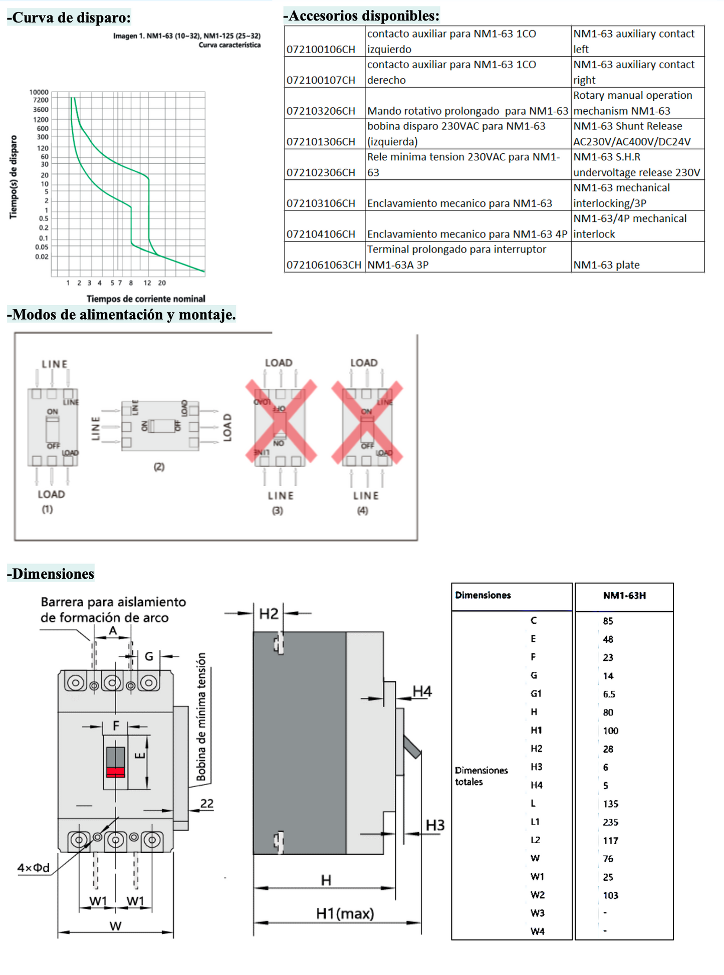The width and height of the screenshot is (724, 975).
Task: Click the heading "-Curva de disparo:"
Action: [x=69, y=18]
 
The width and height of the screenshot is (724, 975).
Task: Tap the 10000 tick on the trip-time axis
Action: [x=39, y=92]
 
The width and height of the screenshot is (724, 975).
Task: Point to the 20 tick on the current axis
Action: [x=162, y=283]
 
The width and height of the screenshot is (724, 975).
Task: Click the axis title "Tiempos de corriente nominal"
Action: [x=146, y=299]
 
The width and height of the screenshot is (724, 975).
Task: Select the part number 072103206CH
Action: [x=321, y=111]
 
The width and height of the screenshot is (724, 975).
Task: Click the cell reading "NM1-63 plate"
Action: [x=606, y=265]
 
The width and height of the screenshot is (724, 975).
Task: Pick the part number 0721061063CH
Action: [x=324, y=265]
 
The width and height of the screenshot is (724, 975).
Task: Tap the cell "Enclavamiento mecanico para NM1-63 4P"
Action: [x=467, y=234]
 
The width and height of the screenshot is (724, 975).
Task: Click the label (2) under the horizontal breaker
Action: [x=159, y=467]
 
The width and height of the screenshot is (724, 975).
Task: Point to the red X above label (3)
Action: [x=281, y=421]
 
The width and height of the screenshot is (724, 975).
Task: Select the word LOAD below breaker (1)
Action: [x=51, y=495]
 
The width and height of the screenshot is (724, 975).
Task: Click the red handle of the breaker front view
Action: [x=115, y=772]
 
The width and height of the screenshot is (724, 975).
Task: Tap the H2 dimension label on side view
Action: [x=269, y=614]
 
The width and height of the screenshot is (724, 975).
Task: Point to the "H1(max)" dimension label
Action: [x=345, y=914]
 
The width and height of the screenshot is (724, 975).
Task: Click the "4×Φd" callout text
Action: [x=34, y=868]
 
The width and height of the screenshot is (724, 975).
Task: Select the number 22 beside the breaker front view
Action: [x=207, y=804]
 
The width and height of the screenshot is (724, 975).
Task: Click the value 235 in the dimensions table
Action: [x=610, y=822]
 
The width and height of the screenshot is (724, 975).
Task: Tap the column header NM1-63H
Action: [x=624, y=596]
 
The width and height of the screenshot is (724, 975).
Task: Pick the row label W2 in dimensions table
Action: [x=537, y=895]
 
